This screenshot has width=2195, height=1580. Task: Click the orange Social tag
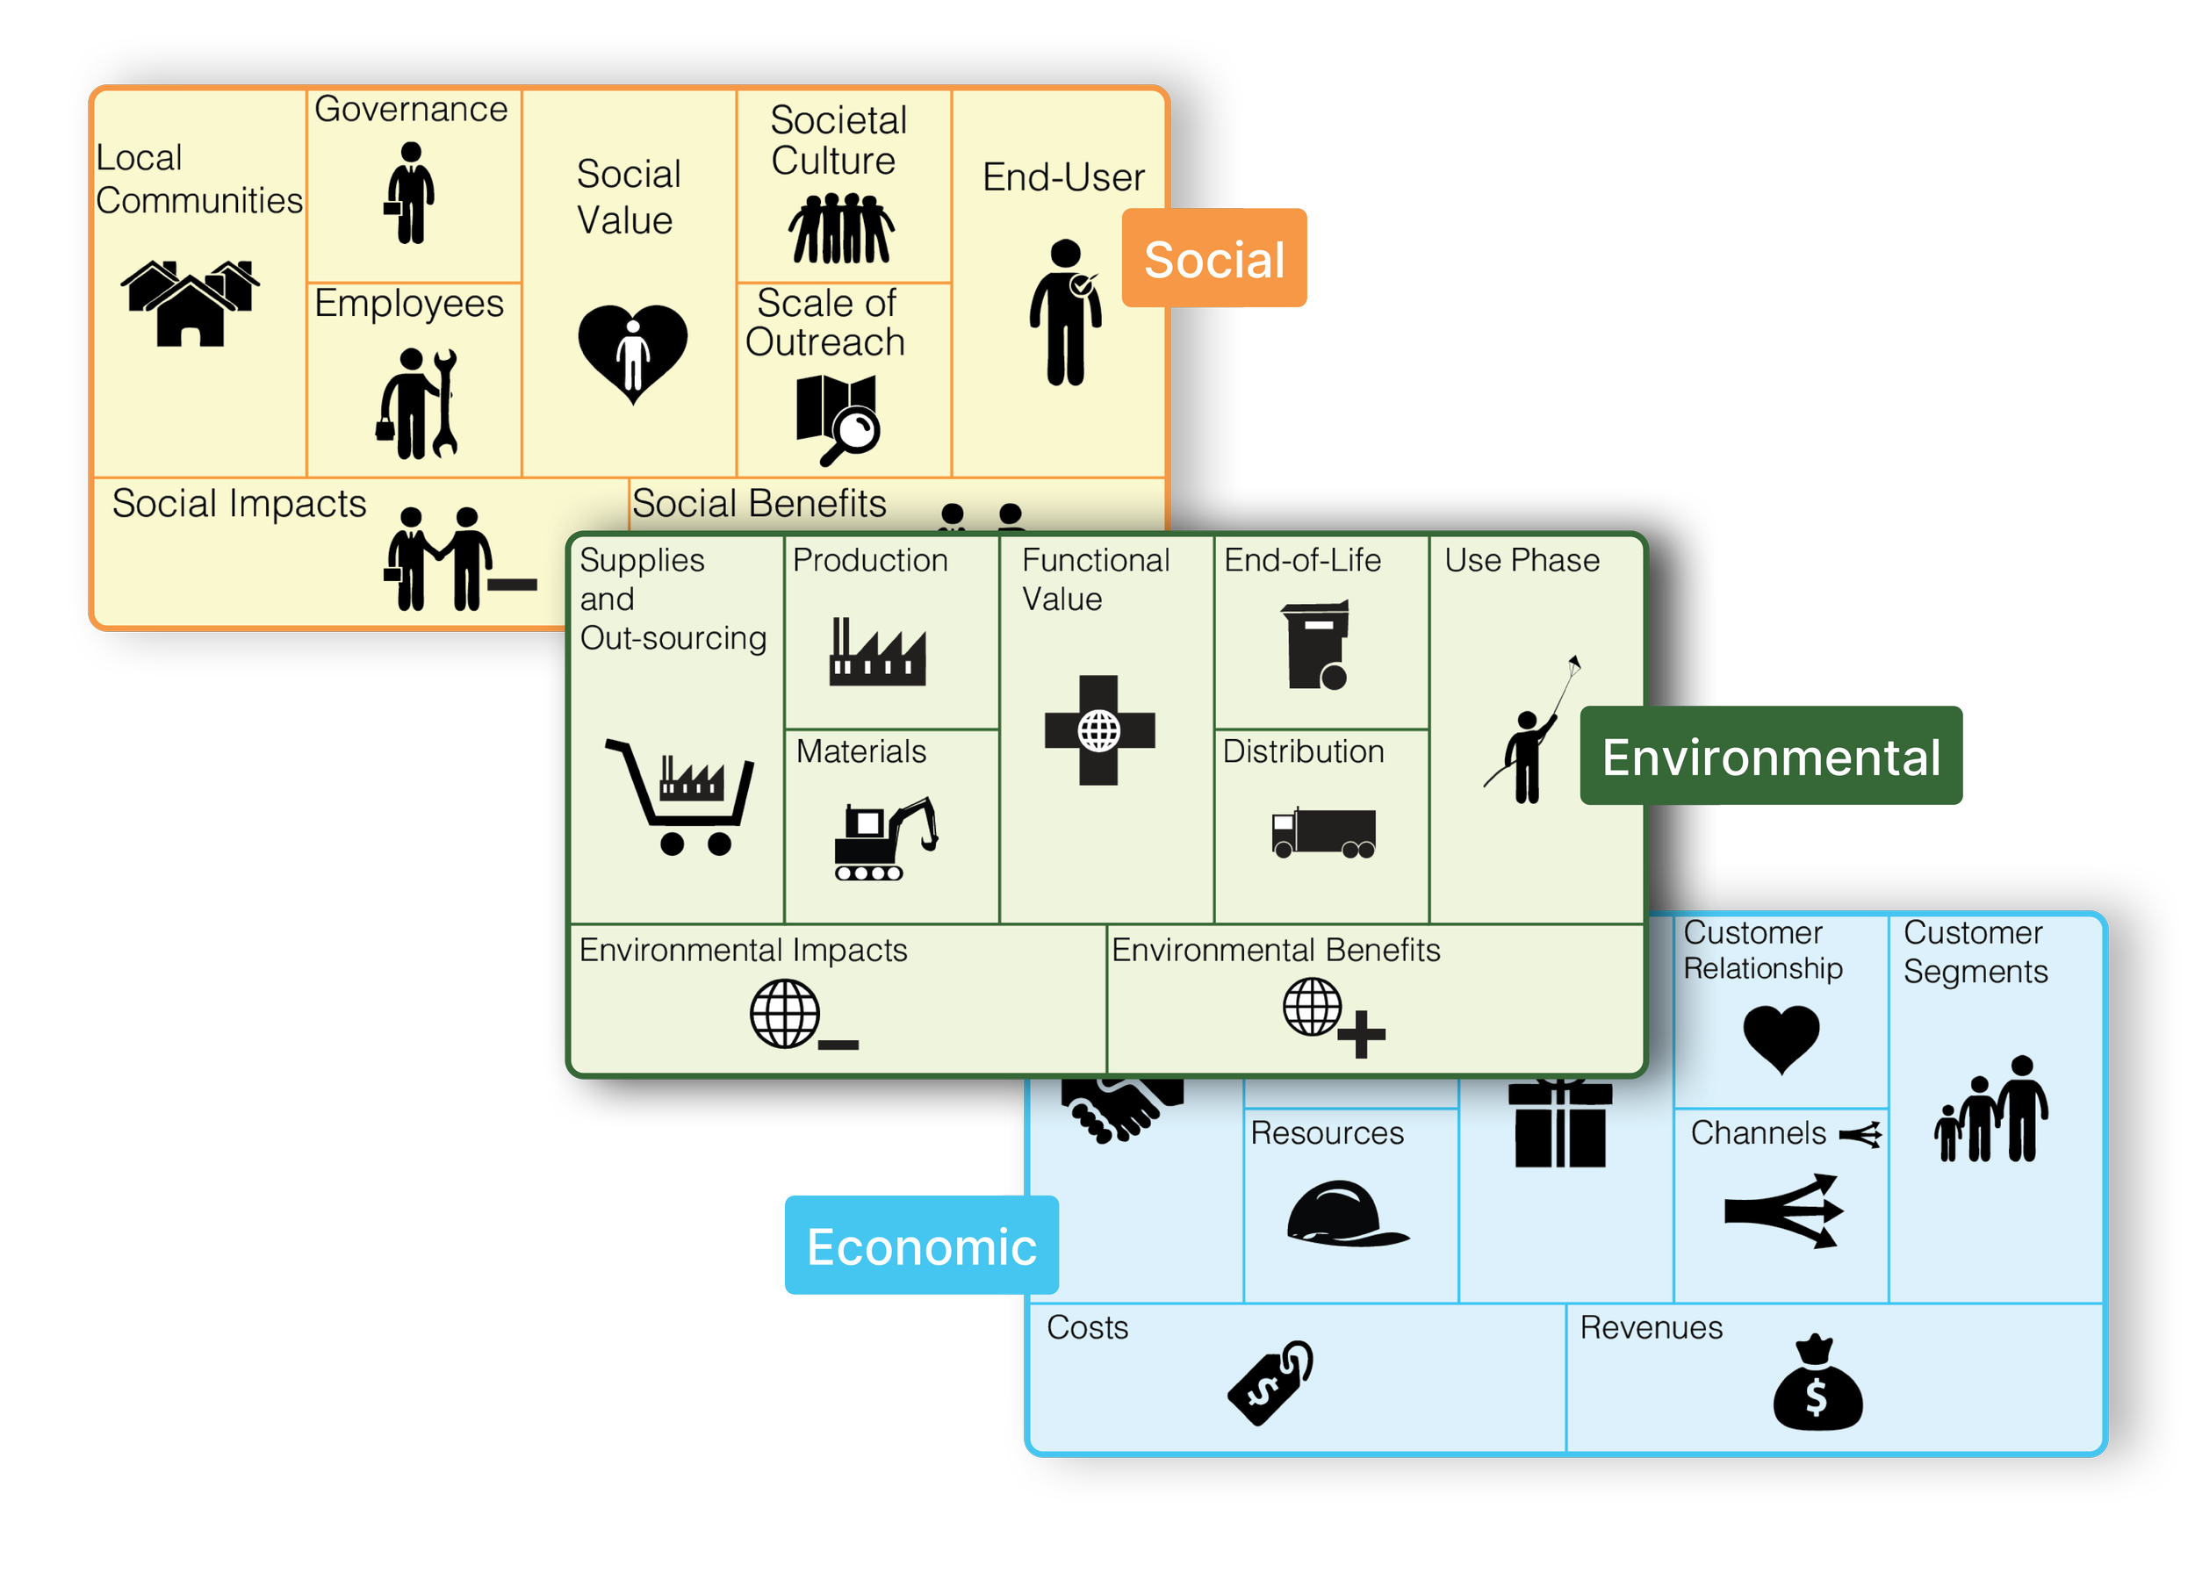pos(1213,259)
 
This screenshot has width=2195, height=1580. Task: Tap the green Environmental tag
pos(1770,757)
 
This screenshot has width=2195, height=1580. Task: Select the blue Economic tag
pos(920,1246)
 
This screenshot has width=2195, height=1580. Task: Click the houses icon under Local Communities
pos(191,303)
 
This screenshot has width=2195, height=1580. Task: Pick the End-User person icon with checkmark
pos(1066,312)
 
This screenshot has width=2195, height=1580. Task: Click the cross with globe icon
pos(1099,730)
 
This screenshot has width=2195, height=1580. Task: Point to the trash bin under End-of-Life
pos(1316,644)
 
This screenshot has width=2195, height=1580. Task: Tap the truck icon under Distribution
pos(1323,833)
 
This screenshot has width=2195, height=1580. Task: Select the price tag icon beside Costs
pos(1270,1382)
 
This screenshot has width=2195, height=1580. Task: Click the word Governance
pos(410,110)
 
